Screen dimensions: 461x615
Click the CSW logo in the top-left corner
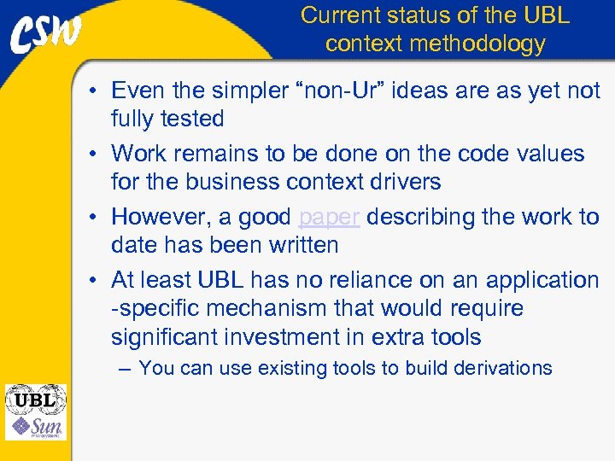point(48,37)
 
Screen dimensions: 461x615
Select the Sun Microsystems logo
point(36,426)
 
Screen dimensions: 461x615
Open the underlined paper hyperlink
point(330,217)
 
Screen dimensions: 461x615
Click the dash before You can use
point(126,368)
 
